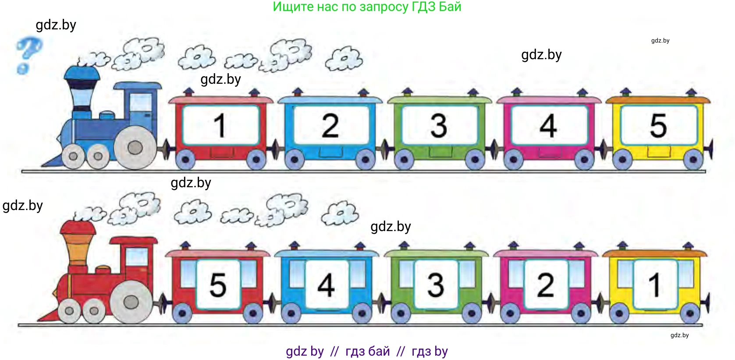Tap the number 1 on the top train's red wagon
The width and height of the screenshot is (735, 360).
[x=220, y=125]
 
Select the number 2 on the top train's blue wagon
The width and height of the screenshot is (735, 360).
[x=330, y=125]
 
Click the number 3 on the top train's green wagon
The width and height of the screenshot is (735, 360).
[x=439, y=126]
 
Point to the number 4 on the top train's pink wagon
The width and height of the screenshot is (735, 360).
[x=548, y=125]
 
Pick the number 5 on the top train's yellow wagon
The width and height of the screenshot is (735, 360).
[x=658, y=125]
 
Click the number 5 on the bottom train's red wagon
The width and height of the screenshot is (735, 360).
[x=217, y=285]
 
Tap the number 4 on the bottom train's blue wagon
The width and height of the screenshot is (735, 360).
[x=326, y=285]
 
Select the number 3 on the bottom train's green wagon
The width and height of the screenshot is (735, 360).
[x=436, y=285]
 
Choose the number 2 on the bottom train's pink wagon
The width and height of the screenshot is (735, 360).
[x=545, y=285]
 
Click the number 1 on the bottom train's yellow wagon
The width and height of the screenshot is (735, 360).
[x=655, y=285]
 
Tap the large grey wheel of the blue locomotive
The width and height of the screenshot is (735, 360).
[x=135, y=148]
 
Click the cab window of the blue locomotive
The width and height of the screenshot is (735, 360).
[x=141, y=102]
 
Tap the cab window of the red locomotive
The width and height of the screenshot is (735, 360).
[x=137, y=257]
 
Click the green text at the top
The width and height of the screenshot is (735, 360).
[x=367, y=7]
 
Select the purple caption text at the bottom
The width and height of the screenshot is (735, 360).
[x=367, y=351]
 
